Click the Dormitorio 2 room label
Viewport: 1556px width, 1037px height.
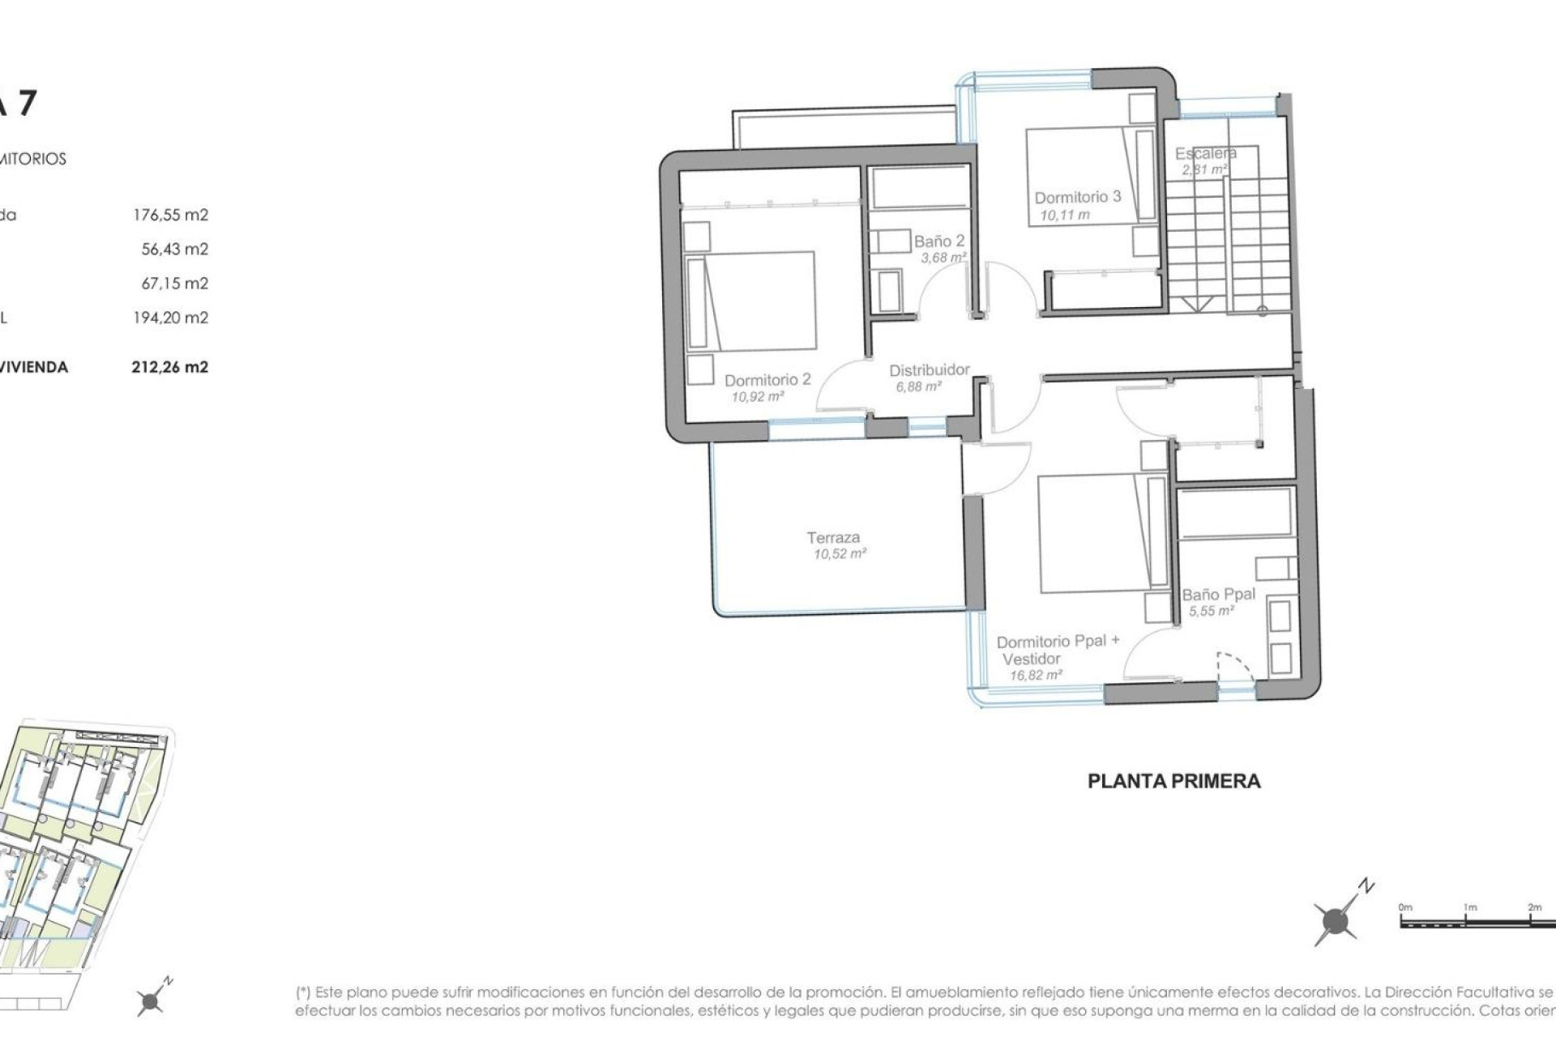click(x=767, y=380)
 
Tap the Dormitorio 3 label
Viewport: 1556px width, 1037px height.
click(x=1077, y=197)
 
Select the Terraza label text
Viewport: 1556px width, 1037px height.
click(x=832, y=537)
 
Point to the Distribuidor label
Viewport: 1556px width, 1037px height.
click(x=929, y=370)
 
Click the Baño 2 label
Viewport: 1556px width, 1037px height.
click(x=939, y=241)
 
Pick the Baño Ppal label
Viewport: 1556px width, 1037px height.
click(x=1218, y=594)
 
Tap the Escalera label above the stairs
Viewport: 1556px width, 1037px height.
click(x=1205, y=153)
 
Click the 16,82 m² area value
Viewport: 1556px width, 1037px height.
click(x=1036, y=675)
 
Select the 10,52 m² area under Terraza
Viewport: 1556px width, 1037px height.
click(x=840, y=554)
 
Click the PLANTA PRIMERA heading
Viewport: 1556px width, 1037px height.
click(x=1173, y=781)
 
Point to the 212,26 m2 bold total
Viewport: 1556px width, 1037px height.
click(x=169, y=367)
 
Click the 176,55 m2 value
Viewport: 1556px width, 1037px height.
click(x=170, y=215)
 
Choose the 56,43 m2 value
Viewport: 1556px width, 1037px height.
click(x=174, y=249)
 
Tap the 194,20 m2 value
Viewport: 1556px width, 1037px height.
click(x=170, y=318)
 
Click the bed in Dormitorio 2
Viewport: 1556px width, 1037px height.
click(x=752, y=301)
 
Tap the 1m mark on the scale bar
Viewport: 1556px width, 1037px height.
click(x=1469, y=908)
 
